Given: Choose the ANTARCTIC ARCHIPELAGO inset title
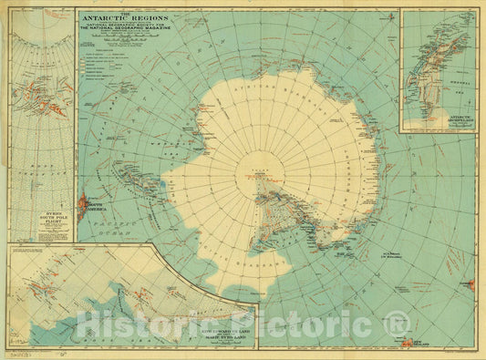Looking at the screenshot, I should [x=439, y=120].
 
